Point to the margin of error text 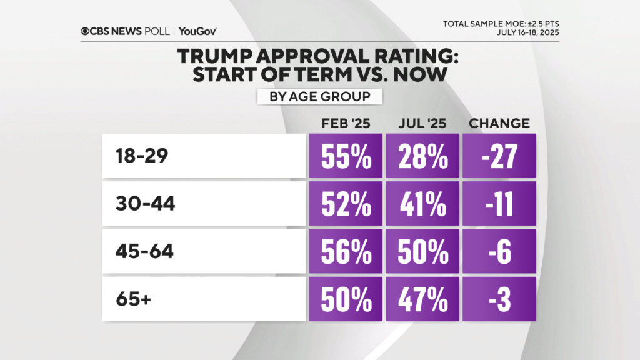[497, 24]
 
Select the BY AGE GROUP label [319, 97]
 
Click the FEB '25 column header [346, 123]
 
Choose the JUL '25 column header [422, 123]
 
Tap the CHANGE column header [499, 123]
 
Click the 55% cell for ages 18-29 [346, 156]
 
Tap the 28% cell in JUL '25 [422, 156]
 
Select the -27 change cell [499, 156]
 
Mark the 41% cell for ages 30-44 [422, 204]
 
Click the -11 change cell [499, 204]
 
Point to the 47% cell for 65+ [422, 299]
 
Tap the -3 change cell [499, 299]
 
